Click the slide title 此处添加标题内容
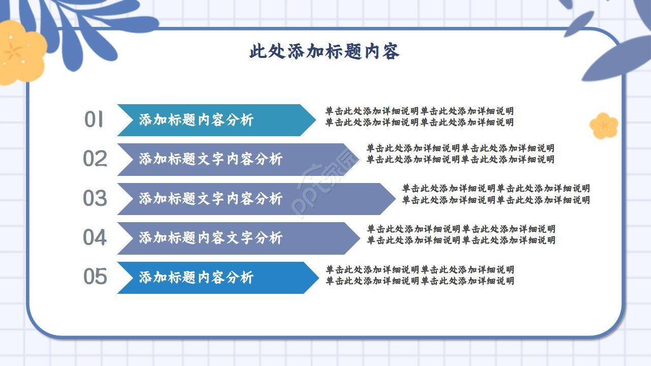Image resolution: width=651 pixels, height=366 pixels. (324, 52)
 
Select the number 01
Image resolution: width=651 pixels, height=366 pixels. (94, 120)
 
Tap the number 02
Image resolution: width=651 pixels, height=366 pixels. (95, 159)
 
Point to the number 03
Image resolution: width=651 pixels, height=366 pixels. (95, 198)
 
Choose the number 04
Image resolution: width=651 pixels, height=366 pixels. (95, 237)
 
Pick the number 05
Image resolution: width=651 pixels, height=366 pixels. (95, 277)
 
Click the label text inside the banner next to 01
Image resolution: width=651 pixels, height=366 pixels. (196, 120)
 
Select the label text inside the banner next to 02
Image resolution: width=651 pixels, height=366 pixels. (211, 159)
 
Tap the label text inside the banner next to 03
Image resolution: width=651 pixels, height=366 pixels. (211, 198)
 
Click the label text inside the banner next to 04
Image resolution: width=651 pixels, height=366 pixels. (211, 237)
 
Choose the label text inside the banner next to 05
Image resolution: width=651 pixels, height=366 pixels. (196, 278)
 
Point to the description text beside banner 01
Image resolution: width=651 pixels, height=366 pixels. (420, 116)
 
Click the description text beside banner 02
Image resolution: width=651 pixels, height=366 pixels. (460, 154)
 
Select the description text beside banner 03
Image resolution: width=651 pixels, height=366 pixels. (496, 194)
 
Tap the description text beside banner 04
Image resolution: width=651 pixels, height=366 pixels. (461, 234)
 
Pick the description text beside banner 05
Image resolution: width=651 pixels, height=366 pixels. (420, 275)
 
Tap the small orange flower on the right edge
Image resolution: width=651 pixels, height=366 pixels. (604, 126)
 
